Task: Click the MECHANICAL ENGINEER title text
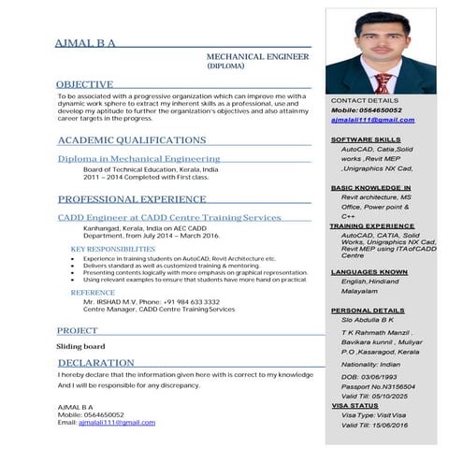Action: click(257, 57)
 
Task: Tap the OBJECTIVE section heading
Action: click(85, 84)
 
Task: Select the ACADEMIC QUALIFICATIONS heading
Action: click(131, 140)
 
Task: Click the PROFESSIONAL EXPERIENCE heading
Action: click(132, 199)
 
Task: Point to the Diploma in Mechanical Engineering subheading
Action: click(138, 159)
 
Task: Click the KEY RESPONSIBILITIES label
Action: click(113, 250)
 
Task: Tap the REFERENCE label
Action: click(93, 293)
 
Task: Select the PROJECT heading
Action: click(78, 331)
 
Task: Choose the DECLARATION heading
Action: click(95, 363)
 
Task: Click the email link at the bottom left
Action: click(117, 423)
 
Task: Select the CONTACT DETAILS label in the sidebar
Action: click(365, 99)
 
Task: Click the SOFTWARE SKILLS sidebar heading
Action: click(366, 139)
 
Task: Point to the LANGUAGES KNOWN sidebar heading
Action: click(369, 272)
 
